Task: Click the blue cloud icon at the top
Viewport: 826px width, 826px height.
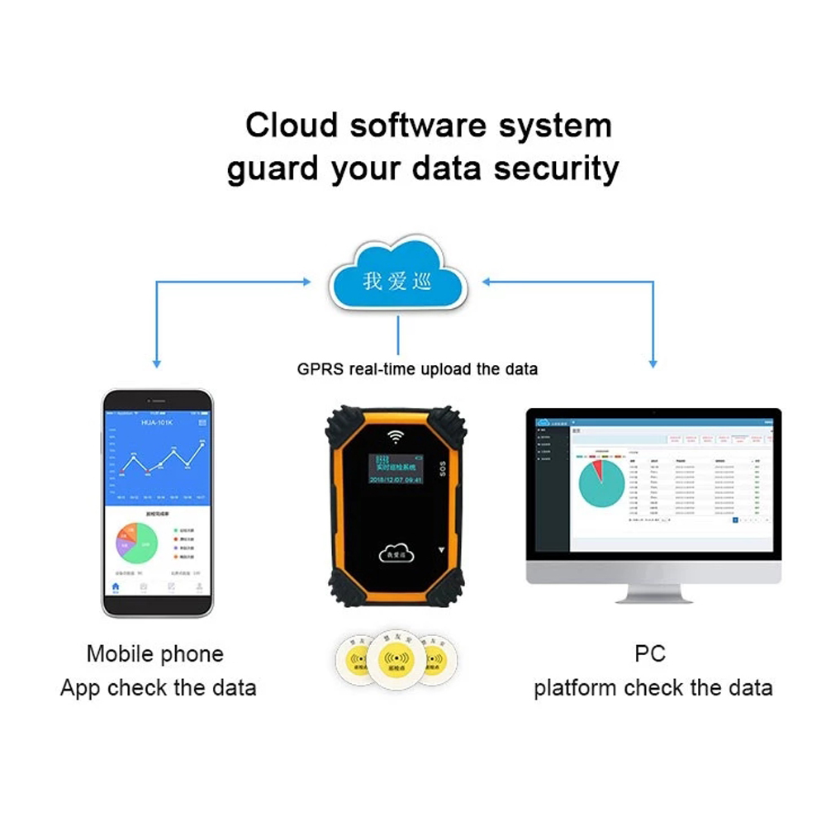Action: pyautogui.click(x=397, y=279)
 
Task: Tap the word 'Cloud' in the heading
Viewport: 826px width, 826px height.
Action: pyautogui.click(x=292, y=126)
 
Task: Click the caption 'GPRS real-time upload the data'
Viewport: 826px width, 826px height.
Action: pyautogui.click(x=417, y=368)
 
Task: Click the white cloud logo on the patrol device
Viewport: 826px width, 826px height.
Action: pyautogui.click(x=396, y=552)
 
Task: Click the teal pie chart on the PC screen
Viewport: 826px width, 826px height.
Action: pyautogui.click(x=602, y=483)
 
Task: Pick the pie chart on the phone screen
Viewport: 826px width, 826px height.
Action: pyautogui.click(x=135, y=542)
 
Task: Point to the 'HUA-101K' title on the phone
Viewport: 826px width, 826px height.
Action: pyautogui.click(x=158, y=423)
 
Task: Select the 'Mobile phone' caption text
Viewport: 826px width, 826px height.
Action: pyautogui.click(x=155, y=654)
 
